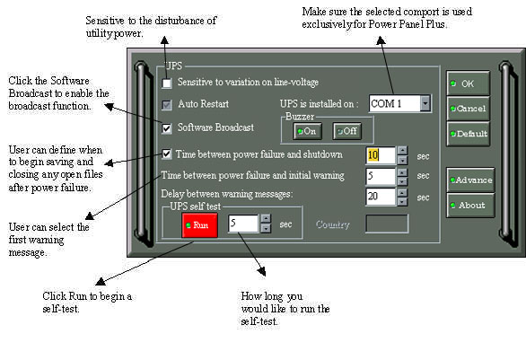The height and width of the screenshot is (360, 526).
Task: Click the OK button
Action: tap(468, 83)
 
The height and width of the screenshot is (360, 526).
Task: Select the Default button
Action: tap(468, 134)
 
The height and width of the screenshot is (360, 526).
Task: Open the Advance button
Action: tap(470, 180)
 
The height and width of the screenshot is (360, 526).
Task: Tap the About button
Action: tap(470, 205)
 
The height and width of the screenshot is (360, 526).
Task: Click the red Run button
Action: tap(199, 224)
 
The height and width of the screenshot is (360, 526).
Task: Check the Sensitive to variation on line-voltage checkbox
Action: tap(167, 83)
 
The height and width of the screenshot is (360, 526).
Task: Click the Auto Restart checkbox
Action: tap(167, 105)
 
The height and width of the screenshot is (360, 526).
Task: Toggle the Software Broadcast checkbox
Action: tap(167, 128)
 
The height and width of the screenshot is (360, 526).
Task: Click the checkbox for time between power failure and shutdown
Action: tap(166, 154)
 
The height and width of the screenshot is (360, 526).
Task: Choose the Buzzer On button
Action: tap(307, 131)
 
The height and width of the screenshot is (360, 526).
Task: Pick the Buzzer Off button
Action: tap(347, 131)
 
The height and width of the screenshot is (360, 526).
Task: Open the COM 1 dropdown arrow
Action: tap(425, 103)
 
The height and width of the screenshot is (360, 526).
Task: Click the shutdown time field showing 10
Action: tap(381, 155)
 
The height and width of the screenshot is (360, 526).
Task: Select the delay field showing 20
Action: tap(381, 197)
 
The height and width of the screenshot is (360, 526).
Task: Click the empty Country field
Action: tap(387, 224)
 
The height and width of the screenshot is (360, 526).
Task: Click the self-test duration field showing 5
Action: tap(243, 224)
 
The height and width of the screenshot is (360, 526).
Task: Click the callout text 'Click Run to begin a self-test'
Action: tap(87, 303)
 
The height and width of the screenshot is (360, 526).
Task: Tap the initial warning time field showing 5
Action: tap(381, 176)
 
